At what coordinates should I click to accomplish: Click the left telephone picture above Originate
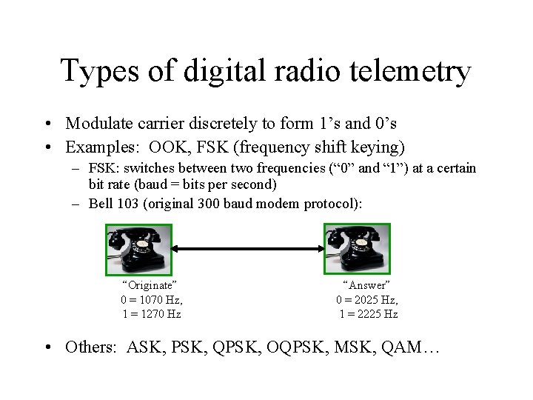[x=139, y=248]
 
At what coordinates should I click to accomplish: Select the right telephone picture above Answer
[x=358, y=248]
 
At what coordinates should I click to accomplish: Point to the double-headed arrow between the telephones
[x=248, y=249]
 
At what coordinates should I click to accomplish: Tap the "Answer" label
[x=366, y=285]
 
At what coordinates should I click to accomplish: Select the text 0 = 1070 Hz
[x=151, y=300]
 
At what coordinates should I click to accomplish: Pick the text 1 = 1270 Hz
[x=151, y=314]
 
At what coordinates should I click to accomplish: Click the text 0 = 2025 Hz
[x=367, y=300]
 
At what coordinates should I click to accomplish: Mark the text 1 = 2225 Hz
[x=368, y=314]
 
